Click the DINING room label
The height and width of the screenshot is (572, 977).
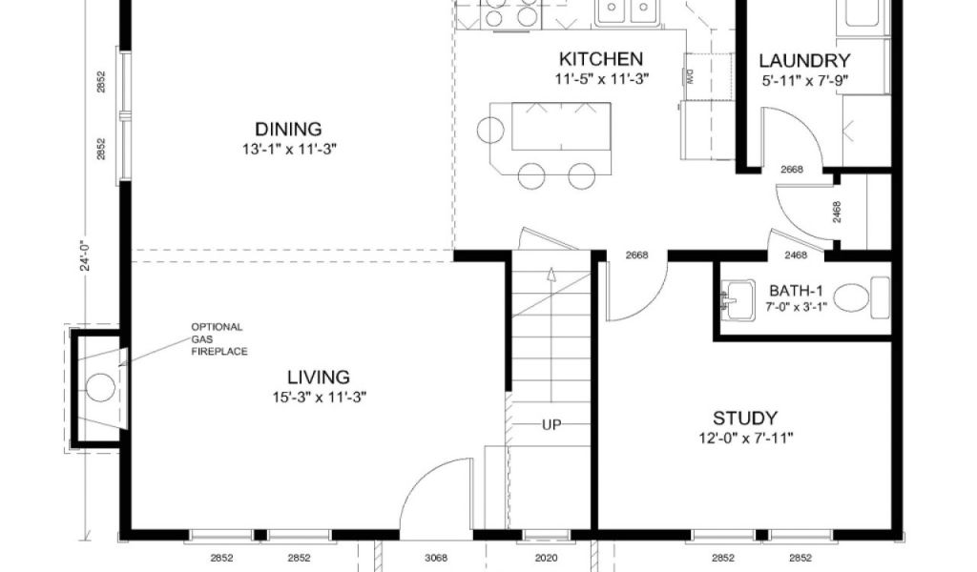tap(288, 129)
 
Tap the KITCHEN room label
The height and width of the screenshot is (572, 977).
tap(601, 59)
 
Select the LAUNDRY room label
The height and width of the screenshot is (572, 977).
tap(804, 61)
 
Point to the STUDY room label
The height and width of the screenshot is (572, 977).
tap(745, 418)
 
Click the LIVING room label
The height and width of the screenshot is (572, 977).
tap(319, 378)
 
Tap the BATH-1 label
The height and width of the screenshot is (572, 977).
tap(796, 291)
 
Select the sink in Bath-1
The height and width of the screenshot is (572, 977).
tap(738, 300)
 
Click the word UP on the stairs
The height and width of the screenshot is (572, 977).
tap(551, 424)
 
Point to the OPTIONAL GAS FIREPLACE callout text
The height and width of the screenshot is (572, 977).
tap(218, 339)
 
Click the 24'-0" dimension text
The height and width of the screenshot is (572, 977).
tap(85, 252)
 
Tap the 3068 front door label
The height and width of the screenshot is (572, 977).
tap(435, 558)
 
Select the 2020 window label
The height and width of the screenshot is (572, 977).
tap(546, 558)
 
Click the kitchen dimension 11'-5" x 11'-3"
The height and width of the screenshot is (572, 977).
tap(602, 79)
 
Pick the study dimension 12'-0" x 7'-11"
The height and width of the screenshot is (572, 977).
tap(746, 439)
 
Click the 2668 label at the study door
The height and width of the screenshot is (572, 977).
tap(636, 255)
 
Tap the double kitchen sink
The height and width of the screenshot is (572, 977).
tap(626, 12)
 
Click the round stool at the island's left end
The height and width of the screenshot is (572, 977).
tap(490, 130)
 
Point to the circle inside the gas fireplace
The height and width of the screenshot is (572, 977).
tap(99, 386)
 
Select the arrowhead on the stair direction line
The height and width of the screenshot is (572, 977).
tap(551, 274)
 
